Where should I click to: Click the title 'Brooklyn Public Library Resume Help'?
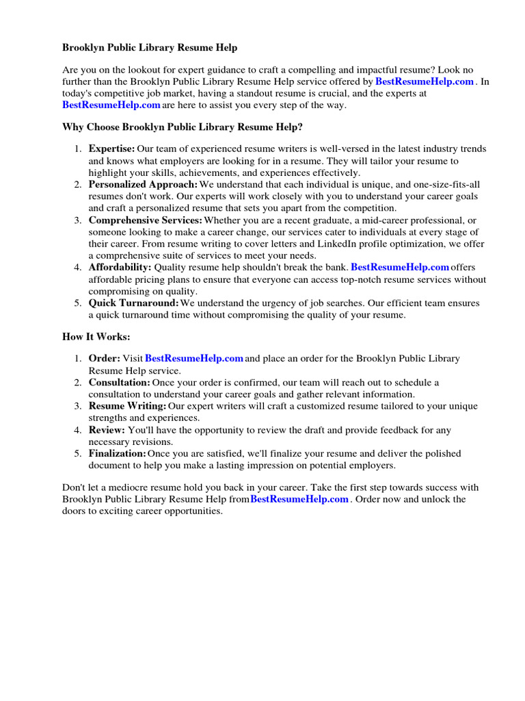click(150, 47)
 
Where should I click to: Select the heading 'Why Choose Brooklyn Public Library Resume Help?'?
click(182, 127)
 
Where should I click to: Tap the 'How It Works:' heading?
click(96, 337)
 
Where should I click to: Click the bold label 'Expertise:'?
click(111, 149)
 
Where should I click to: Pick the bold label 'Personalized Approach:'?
click(143, 184)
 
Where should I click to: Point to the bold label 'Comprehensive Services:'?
click(145, 220)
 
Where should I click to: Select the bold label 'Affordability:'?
click(120, 267)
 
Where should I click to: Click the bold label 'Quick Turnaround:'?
click(133, 303)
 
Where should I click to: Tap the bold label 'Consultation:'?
click(119, 382)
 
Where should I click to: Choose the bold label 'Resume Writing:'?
click(127, 406)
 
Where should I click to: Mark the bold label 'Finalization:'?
click(117, 453)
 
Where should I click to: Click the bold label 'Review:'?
click(107, 430)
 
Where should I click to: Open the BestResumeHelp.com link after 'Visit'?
click(194, 358)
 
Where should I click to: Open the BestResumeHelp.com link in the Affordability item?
click(399, 267)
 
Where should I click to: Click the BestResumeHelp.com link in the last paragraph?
click(299, 499)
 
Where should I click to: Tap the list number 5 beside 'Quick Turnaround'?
click(78, 303)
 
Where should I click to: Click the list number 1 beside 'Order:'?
click(78, 358)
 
